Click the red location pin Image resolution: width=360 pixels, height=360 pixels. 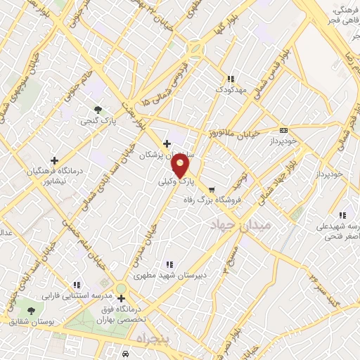click(181, 166)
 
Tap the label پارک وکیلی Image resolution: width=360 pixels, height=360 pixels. click(176, 181)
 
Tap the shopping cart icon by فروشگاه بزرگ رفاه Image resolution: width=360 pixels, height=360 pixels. click(212, 189)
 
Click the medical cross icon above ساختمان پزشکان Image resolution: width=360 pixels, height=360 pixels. click(167, 144)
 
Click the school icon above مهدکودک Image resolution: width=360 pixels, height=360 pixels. click(230, 79)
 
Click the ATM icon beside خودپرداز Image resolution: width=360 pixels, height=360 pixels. click(283, 130)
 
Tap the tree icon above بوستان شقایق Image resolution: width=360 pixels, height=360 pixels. click(30, 310)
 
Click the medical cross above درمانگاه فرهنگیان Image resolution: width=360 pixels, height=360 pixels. click(54, 160)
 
